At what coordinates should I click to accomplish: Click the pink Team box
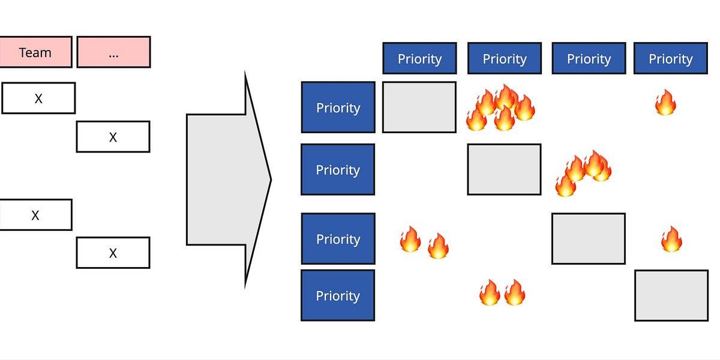[35, 52]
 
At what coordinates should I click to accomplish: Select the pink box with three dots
[113, 52]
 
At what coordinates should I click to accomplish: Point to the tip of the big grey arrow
[270, 179]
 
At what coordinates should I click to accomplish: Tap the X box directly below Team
[38, 98]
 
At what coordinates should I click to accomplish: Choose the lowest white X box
[113, 253]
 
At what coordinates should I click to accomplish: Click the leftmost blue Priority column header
[419, 58]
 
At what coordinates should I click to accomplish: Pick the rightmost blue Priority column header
[670, 58]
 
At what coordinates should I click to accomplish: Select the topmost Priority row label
[338, 107]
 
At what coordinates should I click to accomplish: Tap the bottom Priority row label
[338, 295]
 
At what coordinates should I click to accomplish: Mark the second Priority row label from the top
[338, 169]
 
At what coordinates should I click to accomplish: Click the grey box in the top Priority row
[419, 107]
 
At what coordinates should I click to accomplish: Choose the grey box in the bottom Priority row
[671, 295]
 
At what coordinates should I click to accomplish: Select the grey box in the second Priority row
[504, 169]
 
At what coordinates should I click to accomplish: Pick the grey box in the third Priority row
[588, 238]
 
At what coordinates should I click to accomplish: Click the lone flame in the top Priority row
[665, 103]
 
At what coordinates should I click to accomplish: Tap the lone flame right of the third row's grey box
[671, 239]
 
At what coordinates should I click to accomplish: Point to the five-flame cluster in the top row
[500, 107]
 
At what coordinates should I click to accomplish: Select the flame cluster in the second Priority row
[583, 173]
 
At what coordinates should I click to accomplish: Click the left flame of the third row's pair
[410, 239]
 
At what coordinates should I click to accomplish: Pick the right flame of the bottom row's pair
[515, 293]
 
